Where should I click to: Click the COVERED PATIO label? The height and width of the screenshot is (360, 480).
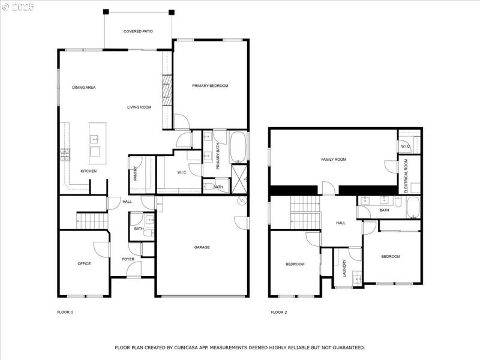pyautogui.click(x=138, y=31)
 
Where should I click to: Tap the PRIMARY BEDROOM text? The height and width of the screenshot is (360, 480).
pyautogui.click(x=210, y=86)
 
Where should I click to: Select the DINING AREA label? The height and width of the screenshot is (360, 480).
pyautogui.click(x=84, y=88)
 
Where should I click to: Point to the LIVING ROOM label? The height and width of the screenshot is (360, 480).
pyautogui.click(x=139, y=107)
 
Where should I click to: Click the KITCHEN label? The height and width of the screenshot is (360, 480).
pyautogui.click(x=88, y=171)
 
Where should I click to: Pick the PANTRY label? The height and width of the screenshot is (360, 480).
pyautogui.click(x=136, y=174)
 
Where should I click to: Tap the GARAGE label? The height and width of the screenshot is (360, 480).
pyautogui.click(x=202, y=247)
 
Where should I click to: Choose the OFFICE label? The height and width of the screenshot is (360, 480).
pyautogui.click(x=84, y=263)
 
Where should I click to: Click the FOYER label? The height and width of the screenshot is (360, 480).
pyautogui.click(x=128, y=259)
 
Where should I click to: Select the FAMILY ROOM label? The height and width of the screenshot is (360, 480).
pyautogui.click(x=334, y=159)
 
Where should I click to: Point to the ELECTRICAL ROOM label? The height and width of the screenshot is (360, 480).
pyautogui.click(x=406, y=172)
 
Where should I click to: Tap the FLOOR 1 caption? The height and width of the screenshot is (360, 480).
pyautogui.click(x=65, y=312)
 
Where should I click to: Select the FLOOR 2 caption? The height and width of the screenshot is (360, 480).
pyautogui.click(x=279, y=312)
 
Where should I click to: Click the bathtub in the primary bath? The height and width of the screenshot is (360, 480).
pyautogui.click(x=238, y=146)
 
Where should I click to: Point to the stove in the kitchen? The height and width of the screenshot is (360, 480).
pyautogui.click(x=64, y=155)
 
